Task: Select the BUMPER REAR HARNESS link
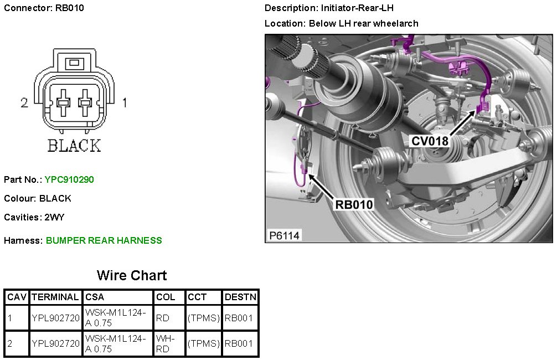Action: coord(104,240)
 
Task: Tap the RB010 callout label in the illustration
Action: coord(354,204)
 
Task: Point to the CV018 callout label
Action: coord(430,141)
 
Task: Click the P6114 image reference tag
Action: coord(285,235)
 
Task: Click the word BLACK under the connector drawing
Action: coord(74,146)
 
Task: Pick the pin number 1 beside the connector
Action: coord(125,102)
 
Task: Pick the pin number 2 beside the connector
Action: coord(24,102)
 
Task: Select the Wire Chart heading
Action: coord(132,275)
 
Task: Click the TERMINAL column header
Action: coord(55,297)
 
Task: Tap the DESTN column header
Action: coord(240,297)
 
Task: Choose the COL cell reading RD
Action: coord(162,318)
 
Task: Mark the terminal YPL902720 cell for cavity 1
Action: coord(55,318)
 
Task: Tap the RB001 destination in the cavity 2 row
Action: coord(239,343)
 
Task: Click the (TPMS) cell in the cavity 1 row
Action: coord(203,318)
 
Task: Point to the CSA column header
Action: coord(95,297)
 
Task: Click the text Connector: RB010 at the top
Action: coord(44,8)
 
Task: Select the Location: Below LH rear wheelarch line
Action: coord(341,23)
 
